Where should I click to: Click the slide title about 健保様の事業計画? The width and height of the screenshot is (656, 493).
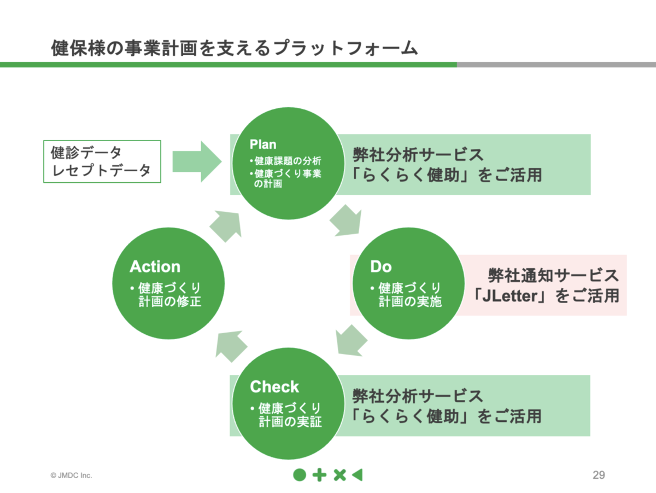click(x=234, y=48)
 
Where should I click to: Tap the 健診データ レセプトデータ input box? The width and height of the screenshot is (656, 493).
click(x=102, y=161)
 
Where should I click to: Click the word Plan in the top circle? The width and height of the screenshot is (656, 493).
click(x=263, y=144)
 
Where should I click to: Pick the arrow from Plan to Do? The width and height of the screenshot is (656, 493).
click(x=347, y=221)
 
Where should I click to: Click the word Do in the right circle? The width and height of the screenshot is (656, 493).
click(x=381, y=266)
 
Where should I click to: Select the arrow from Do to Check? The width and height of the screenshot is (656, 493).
click(x=352, y=338)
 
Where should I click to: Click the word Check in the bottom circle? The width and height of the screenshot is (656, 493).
click(x=274, y=387)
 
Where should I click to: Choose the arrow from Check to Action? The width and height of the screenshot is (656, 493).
click(x=232, y=344)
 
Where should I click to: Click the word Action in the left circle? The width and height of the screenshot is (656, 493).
click(x=155, y=266)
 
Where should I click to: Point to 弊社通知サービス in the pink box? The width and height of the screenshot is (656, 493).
click(x=553, y=275)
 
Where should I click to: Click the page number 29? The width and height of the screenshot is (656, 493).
click(x=599, y=475)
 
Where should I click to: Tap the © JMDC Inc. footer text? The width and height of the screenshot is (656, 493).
click(x=72, y=475)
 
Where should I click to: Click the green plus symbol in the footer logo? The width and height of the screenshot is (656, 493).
click(x=319, y=475)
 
